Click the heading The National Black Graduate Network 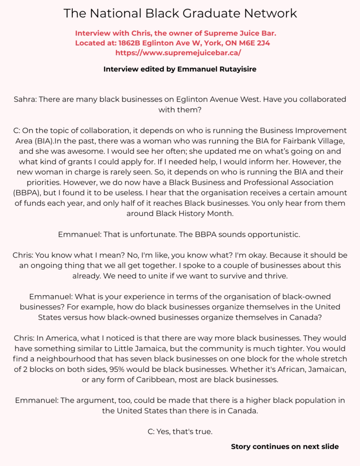[x=180, y=13]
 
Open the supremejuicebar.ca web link [x=178, y=52]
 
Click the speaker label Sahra [x=25, y=99]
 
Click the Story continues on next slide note [x=284, y=446]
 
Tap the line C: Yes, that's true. [x=180, y=431]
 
